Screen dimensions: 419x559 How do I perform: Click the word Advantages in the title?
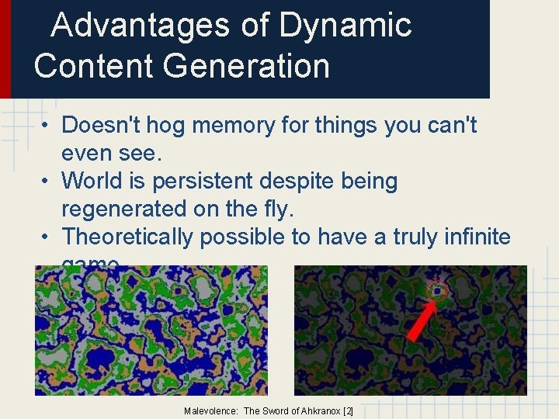pos(140,26)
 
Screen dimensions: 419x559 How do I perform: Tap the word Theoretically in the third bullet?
pos(127,237)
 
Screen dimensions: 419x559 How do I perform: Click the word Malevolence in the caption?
pos(211,410)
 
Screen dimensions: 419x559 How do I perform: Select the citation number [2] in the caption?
pos(348,410)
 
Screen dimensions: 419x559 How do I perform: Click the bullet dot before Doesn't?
pos(47,126)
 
